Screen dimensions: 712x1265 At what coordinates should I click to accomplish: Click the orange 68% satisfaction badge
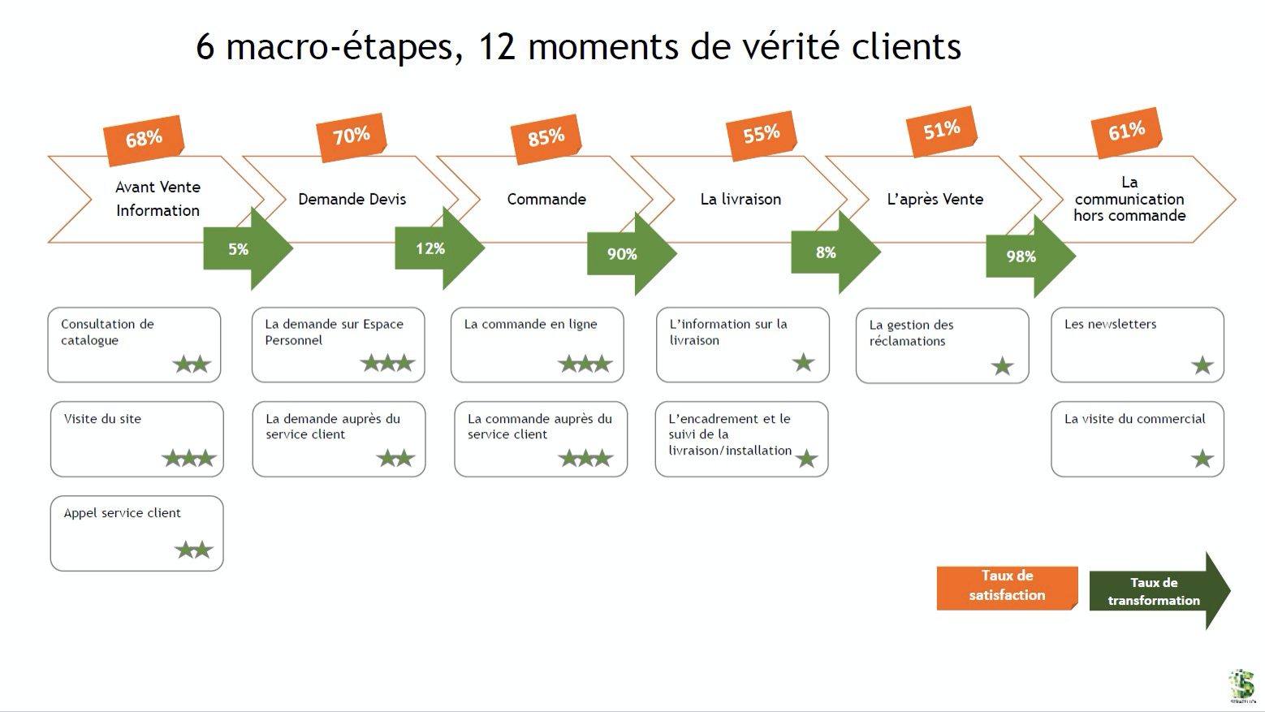(144, 139)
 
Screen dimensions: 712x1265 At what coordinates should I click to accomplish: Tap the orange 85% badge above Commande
(546, 136)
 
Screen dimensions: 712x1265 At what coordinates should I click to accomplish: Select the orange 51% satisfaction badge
(941, 130)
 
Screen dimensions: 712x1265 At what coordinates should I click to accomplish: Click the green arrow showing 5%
(244, 249)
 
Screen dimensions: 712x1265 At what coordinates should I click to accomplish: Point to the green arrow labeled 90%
(628, 254)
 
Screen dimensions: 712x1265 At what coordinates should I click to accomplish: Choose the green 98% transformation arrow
(1027, 257)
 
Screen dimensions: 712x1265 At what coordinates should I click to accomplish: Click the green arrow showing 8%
(832, 252)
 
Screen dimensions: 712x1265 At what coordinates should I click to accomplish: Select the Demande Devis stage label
(352, 199)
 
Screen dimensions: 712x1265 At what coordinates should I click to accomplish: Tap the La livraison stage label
(740, 199)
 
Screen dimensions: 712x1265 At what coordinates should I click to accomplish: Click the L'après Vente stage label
(935, 199)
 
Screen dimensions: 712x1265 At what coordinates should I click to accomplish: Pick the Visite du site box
(136, 438)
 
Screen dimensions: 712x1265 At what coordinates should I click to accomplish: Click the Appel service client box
(136, 533)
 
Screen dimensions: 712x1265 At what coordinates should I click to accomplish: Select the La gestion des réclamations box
(942, 345)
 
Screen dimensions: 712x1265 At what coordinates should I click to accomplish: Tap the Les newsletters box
(1137, 344)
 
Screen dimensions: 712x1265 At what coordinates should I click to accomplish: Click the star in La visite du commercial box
(1202, 459)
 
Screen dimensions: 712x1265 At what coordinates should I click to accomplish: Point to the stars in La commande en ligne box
(585, 364)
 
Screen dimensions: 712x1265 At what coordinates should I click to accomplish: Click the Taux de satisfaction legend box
(1007, 586)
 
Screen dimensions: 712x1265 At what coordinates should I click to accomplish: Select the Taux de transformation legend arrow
(1157, 591)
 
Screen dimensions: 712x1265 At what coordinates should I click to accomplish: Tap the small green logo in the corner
(1241, 684)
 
